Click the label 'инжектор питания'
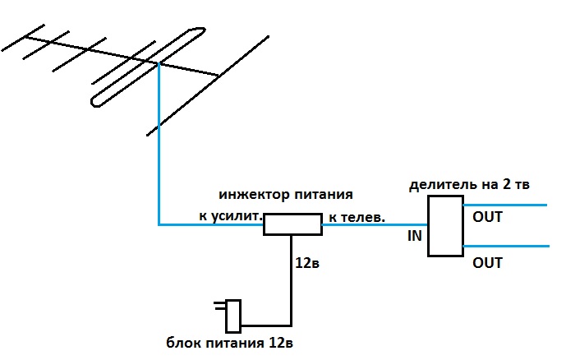286,195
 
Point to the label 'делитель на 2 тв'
469,184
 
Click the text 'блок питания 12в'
229,343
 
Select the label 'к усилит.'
230,216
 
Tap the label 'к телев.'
357,217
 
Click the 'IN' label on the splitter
414,236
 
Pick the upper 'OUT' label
487,217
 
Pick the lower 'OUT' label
487,263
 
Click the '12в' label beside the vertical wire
307,263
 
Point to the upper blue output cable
505,205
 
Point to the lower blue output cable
506,247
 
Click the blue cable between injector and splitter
375,224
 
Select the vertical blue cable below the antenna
159,145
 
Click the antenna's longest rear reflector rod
208,86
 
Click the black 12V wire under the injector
291,280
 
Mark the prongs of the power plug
220,306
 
